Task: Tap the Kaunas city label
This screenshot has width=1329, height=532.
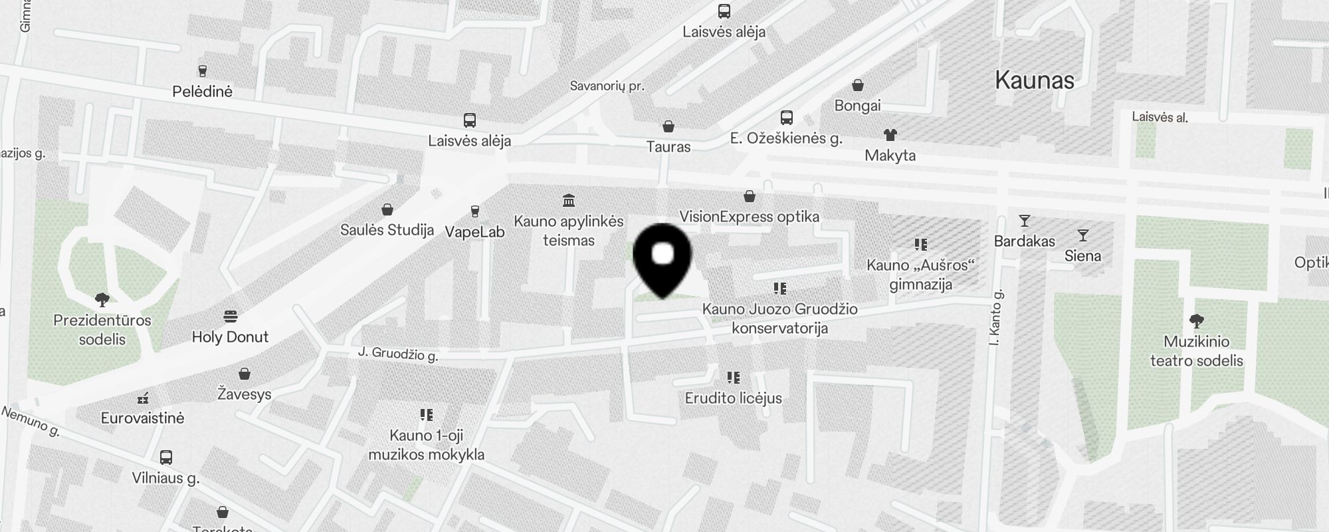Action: click(1035, 80)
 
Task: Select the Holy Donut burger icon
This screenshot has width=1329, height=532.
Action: click(231, 315)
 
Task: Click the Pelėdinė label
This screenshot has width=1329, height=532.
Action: click(202, 92)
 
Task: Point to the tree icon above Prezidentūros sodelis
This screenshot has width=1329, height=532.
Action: click(102, 299)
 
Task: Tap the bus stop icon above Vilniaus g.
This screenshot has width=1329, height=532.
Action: click(166, 458)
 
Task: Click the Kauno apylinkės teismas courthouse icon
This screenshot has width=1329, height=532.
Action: click(569, 200)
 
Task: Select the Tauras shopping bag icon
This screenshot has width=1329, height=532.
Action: click(668, 126)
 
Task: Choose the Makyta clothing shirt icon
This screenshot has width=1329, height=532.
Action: click(890, 135)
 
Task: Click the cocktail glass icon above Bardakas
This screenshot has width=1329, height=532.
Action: click(1024, 221)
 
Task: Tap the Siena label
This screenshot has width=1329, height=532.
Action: click(1082, 256)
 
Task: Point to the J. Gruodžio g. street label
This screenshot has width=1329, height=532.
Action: click(398, 354)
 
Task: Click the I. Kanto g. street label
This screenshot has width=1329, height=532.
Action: click(995, 318)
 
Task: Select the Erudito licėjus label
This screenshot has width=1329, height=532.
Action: click(733, 398)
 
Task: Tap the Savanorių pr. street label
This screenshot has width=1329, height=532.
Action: click(607, 86)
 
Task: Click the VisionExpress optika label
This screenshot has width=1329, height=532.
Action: click(749, 217)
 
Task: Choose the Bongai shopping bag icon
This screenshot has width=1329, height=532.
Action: click(858, 85)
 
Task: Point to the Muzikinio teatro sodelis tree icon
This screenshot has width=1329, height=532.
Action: click(1196, 321)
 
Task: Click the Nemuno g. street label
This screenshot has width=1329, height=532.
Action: click(31, 422)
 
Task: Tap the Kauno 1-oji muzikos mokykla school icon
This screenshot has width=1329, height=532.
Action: click(427, 415)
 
